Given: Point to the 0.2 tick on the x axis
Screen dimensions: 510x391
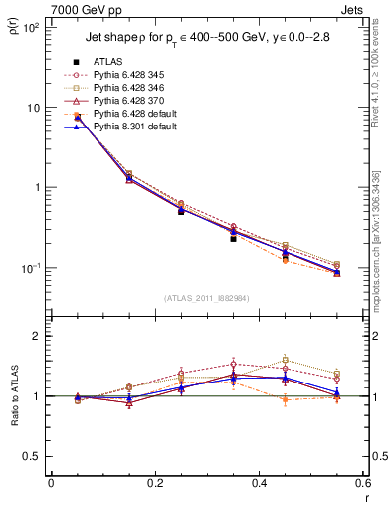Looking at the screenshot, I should [154, 485].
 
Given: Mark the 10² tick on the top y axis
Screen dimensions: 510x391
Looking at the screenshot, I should [30, 28].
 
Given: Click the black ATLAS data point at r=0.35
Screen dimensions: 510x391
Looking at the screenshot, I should [233, 239].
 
